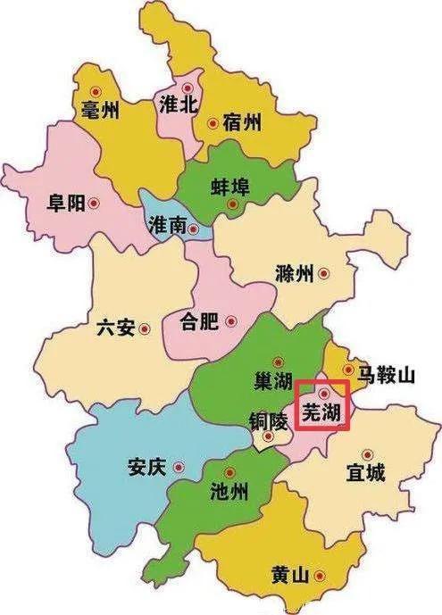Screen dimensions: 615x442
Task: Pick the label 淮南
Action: point(168,227)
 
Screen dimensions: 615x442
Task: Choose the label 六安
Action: point(115,328)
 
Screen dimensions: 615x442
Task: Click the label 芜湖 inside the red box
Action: point(321,412)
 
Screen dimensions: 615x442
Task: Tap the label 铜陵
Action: point(269,419)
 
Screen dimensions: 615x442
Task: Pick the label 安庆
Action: point(146,467)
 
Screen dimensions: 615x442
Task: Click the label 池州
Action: point(228,491)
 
